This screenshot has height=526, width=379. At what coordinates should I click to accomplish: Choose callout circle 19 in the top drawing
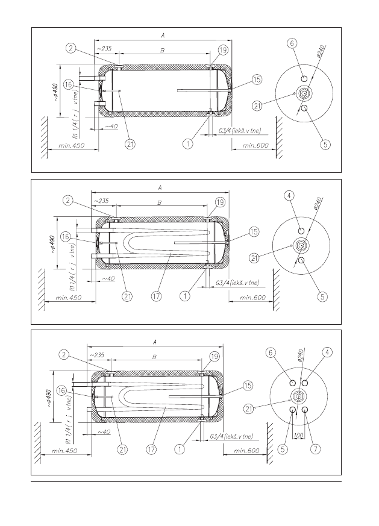(x=224, y=50)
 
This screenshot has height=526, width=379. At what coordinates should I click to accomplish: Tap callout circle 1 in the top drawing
(x=189, y=144)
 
